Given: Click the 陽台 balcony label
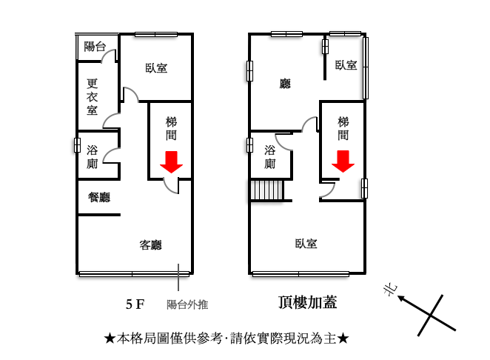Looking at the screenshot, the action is [x=95, y=47].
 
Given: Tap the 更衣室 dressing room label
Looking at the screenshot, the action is [x=93, y=96].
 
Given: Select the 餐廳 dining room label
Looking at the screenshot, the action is [x=99, y=197].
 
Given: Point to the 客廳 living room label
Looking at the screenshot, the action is [x=150, y=244].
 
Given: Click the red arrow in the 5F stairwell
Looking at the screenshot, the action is [x=171, y=162].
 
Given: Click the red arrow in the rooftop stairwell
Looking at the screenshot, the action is [x=343, y=161].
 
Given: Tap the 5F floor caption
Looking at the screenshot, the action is [x=135, y=304].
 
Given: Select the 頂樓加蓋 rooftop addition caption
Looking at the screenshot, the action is [x=307, y=302].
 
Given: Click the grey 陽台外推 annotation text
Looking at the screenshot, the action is [x=187, y=304].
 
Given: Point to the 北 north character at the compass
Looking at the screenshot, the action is [x=390, y=290].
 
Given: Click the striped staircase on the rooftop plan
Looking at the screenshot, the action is [x=267, y=190].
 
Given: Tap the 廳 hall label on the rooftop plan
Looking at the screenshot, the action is [x=285, y=84].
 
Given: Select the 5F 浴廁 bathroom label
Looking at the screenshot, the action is [x=93, y=157].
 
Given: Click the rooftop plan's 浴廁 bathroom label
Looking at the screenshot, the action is [x=269, y=157].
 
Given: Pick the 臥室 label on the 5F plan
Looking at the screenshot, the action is [x=156, y=68].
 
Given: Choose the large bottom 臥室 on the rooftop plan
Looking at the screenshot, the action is [x=306, y=244].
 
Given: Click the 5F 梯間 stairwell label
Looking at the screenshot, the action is [x=171, y=128].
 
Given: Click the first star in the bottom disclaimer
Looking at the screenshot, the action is [x=110, y=338].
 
